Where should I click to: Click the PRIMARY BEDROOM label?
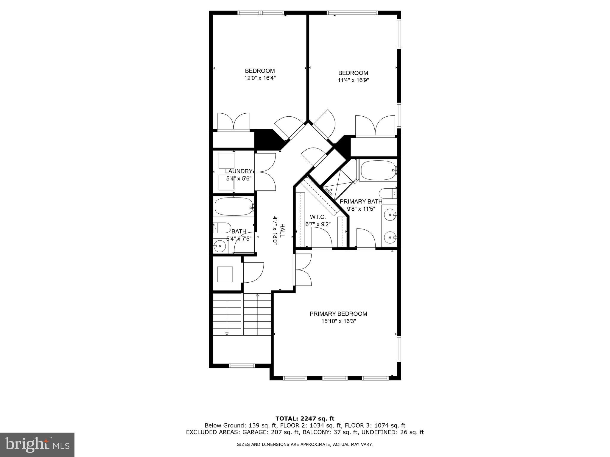[x=338, y=314]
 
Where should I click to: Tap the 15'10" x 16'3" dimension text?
[x=338, y=321]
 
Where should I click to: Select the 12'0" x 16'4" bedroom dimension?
[x=260, y=78]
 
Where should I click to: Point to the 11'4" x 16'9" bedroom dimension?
[x=353, y=80]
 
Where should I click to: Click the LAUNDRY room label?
[x=239, y=171]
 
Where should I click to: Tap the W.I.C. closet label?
[x=318, y=217]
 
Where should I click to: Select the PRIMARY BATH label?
[x=361, y=201]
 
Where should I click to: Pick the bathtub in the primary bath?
[x=378, y=170]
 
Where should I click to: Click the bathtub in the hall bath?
[x=233, y=206]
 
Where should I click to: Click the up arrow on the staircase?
[x=257, y=295]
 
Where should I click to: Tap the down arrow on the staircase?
[x=227, y=334]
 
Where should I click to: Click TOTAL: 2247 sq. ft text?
[x=305, y=419]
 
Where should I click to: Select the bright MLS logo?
[x=37, y=445]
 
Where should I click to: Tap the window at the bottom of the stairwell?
[x=242, y=366]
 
